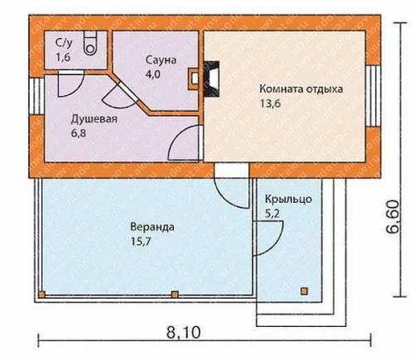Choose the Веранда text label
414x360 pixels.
tap(147, 226)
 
